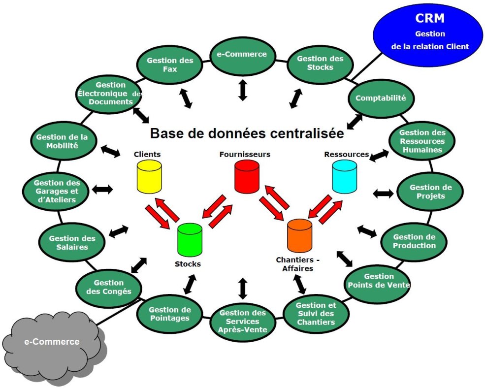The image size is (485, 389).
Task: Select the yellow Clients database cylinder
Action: click(149, 176)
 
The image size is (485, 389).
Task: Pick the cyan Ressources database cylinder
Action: click(344, 177)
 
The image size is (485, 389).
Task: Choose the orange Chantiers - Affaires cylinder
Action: click(299, 236)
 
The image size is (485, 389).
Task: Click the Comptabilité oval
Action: click(380, 98)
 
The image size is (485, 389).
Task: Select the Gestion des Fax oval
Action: click(163, 65)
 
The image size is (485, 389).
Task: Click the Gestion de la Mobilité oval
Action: click(62, 141)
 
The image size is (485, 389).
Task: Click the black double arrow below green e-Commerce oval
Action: click(242, 90)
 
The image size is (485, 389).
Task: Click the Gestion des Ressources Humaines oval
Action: click(422, 141)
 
